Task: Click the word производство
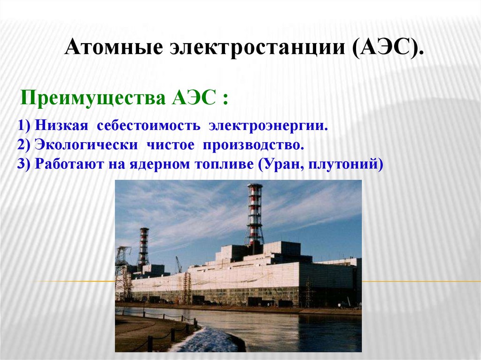coord(253,145)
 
